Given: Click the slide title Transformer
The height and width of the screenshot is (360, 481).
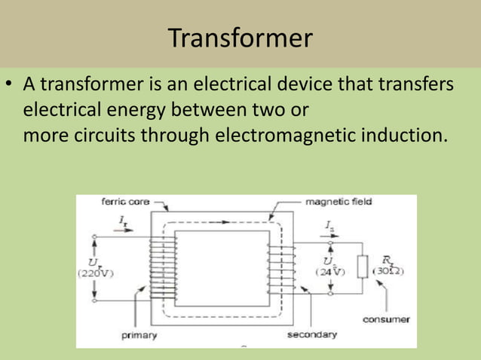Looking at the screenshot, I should [x=240, y=37].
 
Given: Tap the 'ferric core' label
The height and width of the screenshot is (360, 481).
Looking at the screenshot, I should [x=124, y=202].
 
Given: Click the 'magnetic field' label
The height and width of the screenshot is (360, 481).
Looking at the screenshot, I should [x=338, y=202].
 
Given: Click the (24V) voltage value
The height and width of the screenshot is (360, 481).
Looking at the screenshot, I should [x=328, y=273].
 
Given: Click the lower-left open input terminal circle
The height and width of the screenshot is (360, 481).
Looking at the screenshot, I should [x=94, y=301].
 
